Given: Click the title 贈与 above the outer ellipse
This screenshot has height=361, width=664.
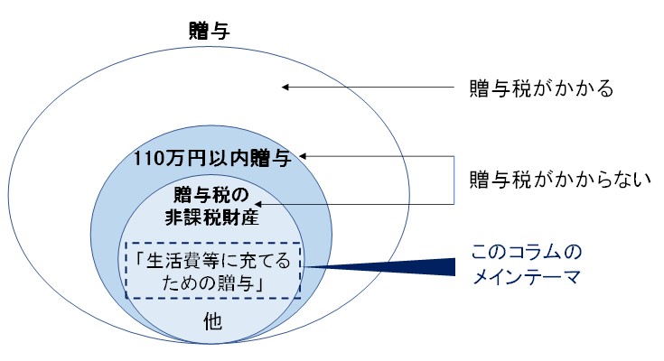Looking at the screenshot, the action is pos(210,31).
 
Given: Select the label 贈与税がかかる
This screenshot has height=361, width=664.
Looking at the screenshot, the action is pos(541,88).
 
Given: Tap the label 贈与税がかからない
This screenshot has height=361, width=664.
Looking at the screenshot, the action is pos(560,180).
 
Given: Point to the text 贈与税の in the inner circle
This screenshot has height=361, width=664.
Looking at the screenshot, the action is pos(211,195).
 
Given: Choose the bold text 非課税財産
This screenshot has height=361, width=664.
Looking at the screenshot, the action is pos(211,218).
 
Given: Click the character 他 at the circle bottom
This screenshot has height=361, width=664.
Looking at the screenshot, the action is pos(212,321).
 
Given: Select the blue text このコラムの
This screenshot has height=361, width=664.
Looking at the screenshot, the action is pos(527,252).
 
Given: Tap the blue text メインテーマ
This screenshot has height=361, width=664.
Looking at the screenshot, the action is pos(527,277).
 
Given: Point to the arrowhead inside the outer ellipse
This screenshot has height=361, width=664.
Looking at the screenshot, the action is pos(285,88).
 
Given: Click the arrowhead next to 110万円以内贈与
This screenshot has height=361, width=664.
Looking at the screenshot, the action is pos(302,156).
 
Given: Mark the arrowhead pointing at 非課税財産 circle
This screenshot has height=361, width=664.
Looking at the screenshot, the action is pos(257,204).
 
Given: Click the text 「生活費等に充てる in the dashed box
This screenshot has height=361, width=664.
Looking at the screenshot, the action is pos(212,261).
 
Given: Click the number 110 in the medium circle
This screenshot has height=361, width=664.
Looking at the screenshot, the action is pos(148,159).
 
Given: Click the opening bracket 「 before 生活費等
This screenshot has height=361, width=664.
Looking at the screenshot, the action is pos(140,261).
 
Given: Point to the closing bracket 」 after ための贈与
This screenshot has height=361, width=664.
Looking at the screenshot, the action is pos(259,283).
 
